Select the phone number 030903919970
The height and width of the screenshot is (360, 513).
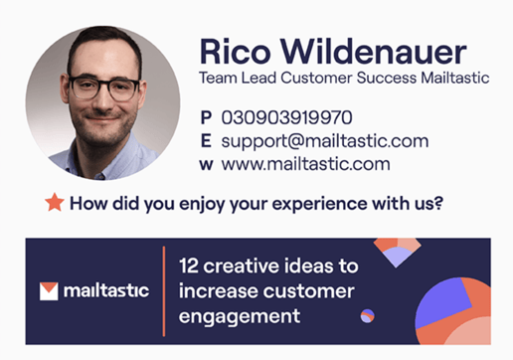point(286,117)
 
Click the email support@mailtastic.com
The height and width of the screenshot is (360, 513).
point(324,140)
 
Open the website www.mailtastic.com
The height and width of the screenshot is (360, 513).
point(305,164)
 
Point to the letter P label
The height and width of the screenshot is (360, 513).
point(206,117)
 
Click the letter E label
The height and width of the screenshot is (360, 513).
point(206,140)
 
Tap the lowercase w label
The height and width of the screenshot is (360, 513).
point(206,164)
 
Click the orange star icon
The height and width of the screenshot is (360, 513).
point(55,203)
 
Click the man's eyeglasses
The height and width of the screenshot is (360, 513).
point(103,86)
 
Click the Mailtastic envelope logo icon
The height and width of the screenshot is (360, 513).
point(48,291)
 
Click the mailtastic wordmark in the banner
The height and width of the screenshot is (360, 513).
point(105,291)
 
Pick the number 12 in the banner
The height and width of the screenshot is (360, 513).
point(189,267)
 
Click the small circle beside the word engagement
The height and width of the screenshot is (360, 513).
point(368,316)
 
